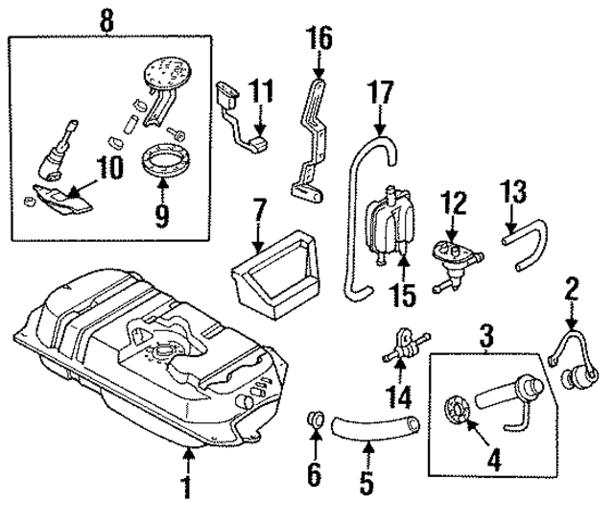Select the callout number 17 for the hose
click(380, 96)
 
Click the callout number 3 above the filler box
click(486, 336)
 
